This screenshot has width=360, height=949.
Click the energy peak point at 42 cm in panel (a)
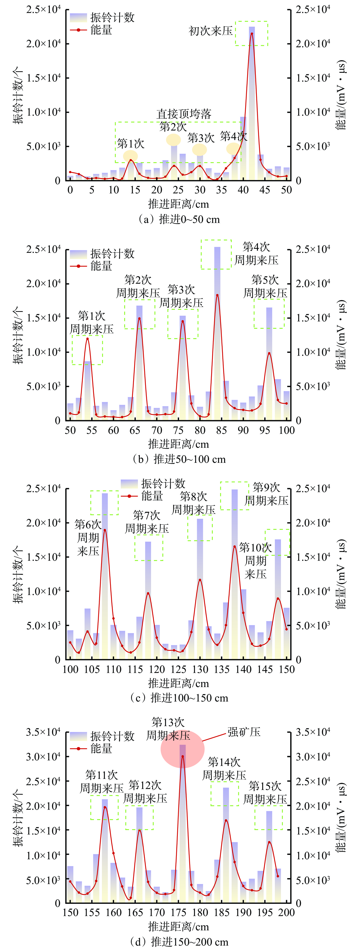pos(252,34)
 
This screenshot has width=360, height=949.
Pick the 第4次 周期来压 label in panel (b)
pos(256,253)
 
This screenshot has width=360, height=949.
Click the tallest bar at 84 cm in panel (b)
pos(217,258)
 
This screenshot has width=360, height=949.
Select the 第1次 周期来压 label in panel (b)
pos(92,322)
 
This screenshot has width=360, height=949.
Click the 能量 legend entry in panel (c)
pos(152,496)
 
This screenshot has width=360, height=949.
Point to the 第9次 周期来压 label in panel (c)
pos(266,494)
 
